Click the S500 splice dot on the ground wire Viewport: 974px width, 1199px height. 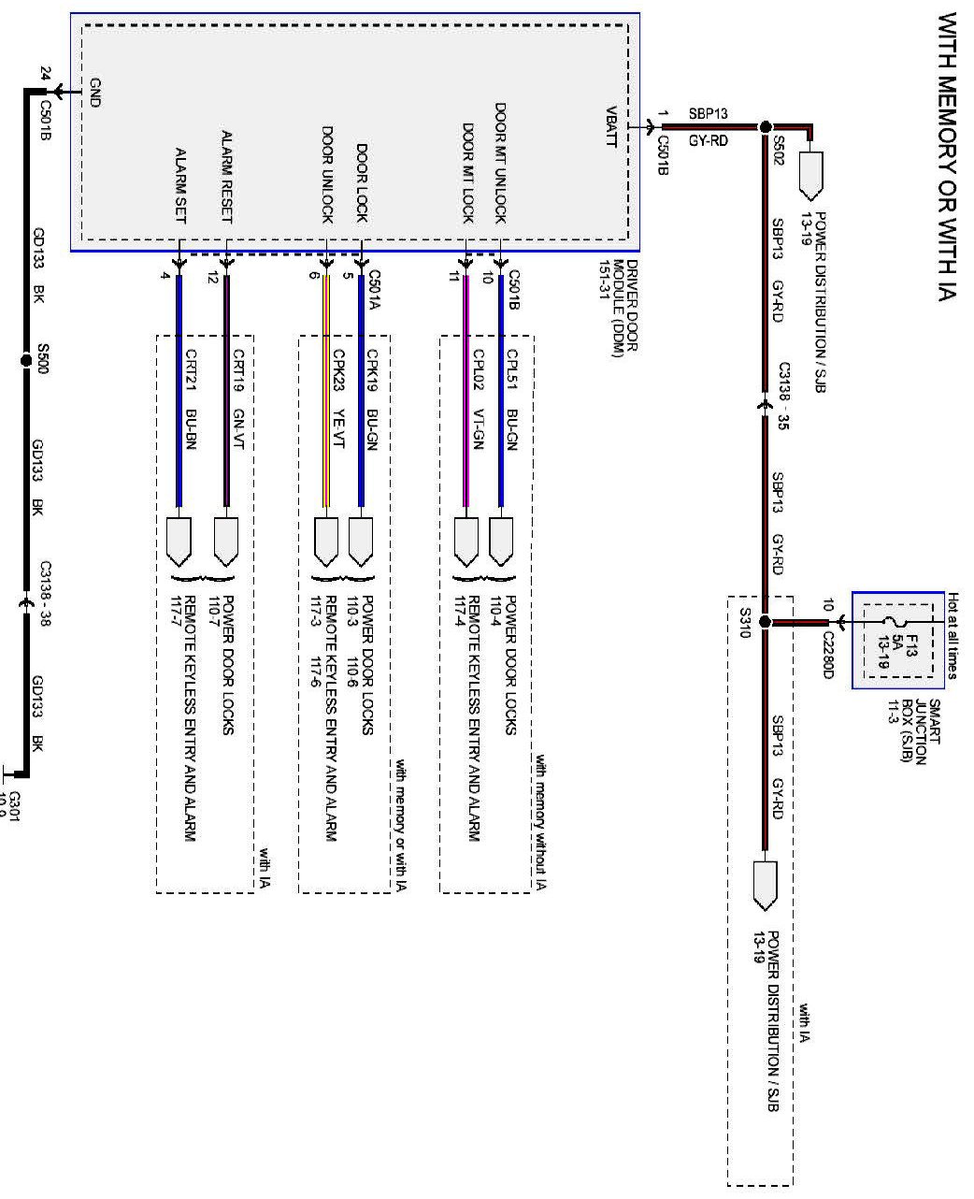tap(25, 359)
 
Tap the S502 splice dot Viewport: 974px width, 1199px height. tap(765, 127)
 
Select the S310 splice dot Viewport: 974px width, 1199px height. tap(765, 621)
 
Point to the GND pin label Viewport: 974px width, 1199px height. tap(93, 93)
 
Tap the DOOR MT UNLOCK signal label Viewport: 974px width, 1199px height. tap(500, 163)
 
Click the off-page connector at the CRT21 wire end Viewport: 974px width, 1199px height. tap(180, 541)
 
